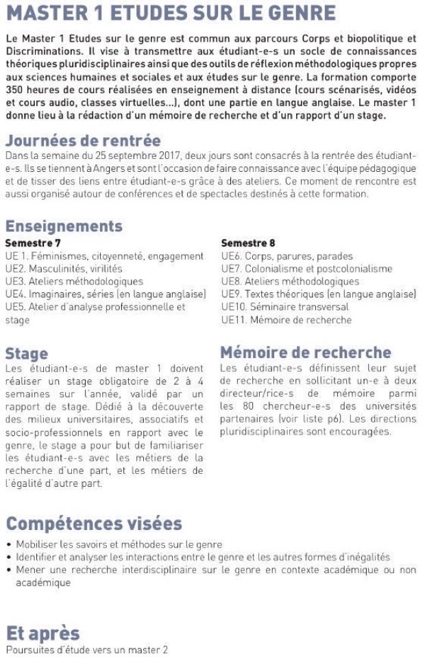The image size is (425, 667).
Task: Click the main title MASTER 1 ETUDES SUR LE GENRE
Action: (x=171, y=13)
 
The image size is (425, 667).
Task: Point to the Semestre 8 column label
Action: (x=246, y=242)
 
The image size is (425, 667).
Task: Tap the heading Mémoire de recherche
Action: (x=306, y=353)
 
